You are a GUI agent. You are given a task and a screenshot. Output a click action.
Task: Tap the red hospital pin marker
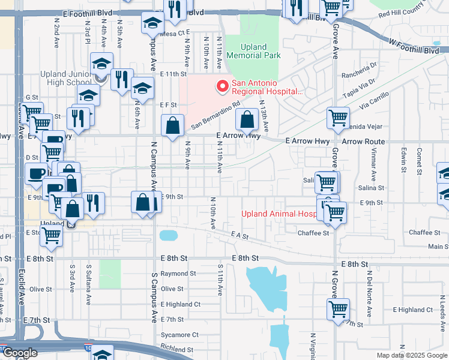223,86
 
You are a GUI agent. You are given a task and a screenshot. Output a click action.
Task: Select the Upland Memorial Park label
261,51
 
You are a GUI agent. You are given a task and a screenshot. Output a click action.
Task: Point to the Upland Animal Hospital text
279,214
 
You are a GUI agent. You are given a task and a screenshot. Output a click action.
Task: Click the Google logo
19,353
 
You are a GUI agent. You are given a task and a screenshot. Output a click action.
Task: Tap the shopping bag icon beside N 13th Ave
247,120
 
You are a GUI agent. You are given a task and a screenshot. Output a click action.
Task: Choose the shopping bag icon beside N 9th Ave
173,126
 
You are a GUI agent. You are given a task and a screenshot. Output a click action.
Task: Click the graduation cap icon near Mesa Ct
152,23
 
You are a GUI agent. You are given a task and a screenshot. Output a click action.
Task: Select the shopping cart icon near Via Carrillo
338,118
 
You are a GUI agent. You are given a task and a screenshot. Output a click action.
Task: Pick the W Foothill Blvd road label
414,47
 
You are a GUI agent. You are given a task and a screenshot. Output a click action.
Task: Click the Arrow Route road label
363,141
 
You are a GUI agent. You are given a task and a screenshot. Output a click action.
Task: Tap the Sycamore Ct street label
179,335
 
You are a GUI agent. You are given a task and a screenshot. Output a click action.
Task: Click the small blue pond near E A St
169,235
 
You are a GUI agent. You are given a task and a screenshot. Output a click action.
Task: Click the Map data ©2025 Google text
411,355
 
